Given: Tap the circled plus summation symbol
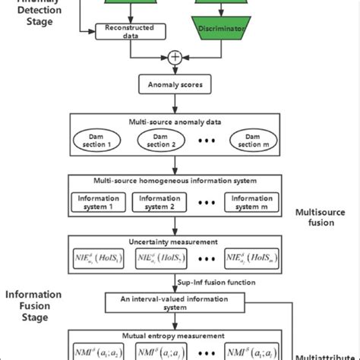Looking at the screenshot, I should (x=176, y=56).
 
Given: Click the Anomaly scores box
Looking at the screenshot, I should (x=175, y=84).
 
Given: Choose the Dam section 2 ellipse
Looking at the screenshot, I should (x=158, y=141).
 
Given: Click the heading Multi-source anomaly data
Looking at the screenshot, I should (x=175, y=122).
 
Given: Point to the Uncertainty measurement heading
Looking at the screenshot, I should (x=175, y=242).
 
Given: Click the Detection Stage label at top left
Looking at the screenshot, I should (x=30, y=11).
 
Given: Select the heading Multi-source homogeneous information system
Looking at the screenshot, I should (x=175, y=183).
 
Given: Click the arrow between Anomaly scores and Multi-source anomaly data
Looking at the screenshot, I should (x=175, y=103).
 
